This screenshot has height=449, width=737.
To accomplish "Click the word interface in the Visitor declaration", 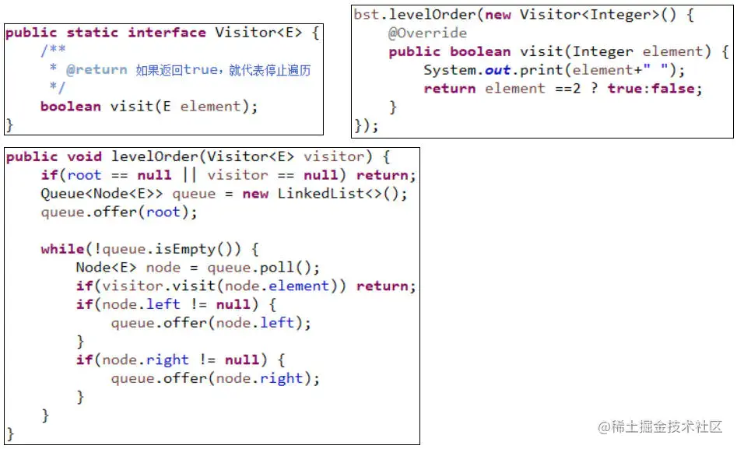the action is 167,33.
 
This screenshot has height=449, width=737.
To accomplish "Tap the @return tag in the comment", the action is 97,70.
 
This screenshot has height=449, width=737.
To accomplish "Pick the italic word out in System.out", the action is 497,70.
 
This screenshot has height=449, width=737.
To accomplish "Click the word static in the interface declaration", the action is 93,33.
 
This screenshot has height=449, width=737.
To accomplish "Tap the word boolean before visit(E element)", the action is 70,107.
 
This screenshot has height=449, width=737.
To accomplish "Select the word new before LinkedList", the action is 255,194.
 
